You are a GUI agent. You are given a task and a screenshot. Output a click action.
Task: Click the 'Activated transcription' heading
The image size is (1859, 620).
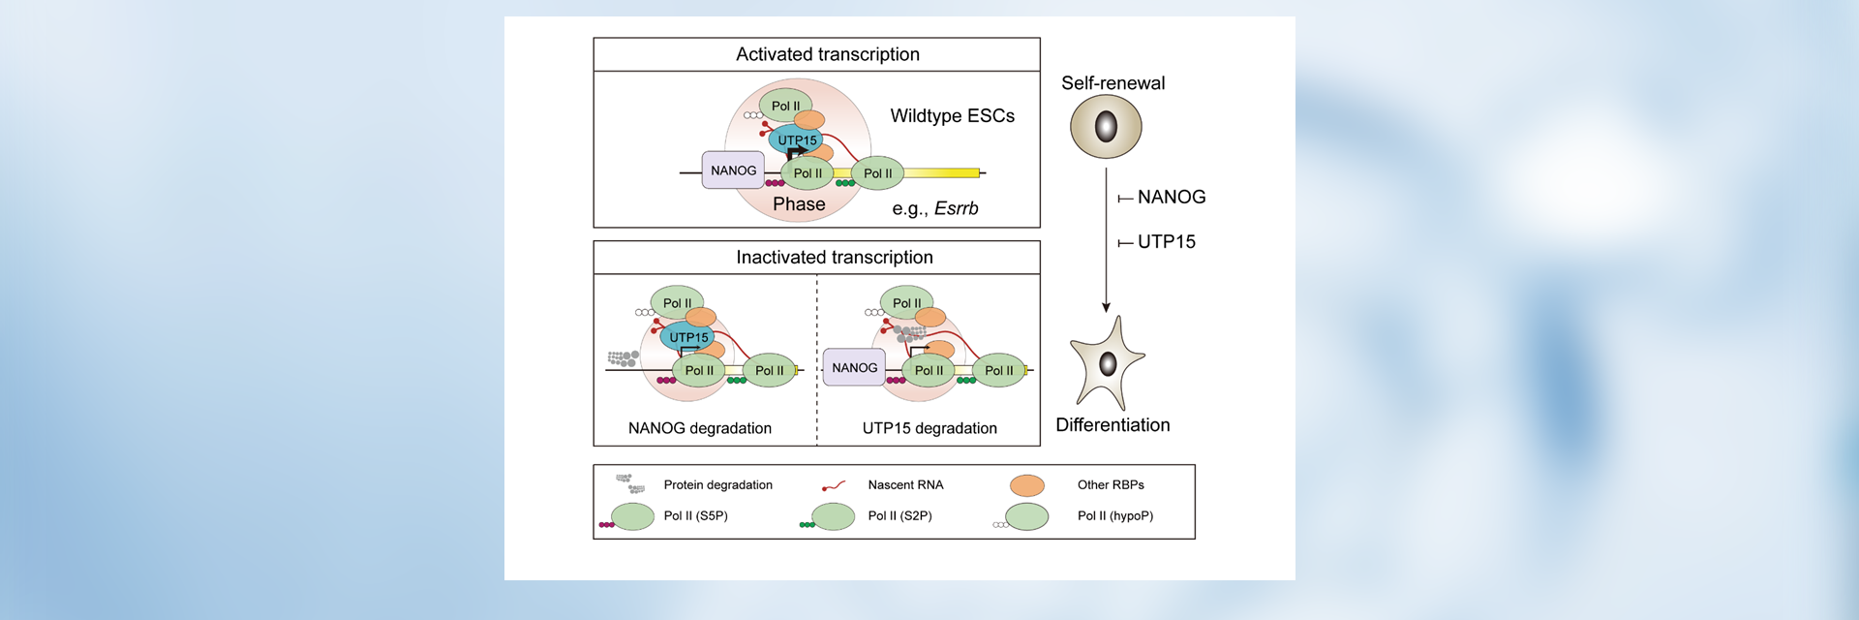click(827, 54)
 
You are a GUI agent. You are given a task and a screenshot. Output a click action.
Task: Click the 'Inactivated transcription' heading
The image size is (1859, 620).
click(834, 257)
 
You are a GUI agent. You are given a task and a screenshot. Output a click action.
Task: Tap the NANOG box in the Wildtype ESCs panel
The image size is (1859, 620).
click(733, 170)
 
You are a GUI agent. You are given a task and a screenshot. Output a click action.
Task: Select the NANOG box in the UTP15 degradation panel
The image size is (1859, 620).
click(854, 368)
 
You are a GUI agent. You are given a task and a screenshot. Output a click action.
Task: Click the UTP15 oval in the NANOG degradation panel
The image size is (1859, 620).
click(688, 337)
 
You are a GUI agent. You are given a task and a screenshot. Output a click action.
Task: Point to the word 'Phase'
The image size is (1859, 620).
click(799, 204)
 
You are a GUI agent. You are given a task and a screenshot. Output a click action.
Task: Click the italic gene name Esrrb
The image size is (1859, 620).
click(956, 208)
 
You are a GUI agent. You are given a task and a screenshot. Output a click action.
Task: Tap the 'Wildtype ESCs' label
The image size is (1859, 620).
click(952, 116)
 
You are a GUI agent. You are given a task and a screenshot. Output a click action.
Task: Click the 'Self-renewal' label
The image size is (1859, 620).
click(1112, 83)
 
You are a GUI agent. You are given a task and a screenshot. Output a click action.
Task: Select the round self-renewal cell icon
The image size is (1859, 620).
click(1106, 127)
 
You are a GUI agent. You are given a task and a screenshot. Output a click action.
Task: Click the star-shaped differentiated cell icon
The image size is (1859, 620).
click(1108, 364)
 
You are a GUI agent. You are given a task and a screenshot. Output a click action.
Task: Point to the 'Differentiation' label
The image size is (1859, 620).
click(1112, 425)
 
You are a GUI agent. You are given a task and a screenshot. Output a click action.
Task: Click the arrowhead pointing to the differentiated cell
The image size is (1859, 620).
click(1106, 307)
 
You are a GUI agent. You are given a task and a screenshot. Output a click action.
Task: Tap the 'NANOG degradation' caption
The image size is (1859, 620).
click(699, 428)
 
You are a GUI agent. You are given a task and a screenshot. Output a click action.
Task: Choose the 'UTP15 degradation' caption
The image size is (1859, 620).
click(929, 428)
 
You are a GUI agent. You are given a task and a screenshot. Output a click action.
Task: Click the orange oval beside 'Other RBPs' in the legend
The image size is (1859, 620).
click(1026, 485)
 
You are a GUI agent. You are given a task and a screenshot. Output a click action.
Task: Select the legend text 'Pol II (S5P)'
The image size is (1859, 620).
click(695, 516)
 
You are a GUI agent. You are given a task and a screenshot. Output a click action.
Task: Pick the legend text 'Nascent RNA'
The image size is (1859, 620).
click(905, 485)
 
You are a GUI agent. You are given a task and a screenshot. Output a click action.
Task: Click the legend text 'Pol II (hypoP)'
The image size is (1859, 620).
click(1114, 516)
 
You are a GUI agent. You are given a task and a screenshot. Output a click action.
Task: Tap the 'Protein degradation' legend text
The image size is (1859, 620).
click(717, 485)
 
